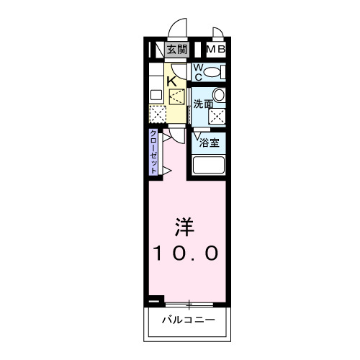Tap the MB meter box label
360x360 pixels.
point(216,50)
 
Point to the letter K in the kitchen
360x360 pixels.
point(172,81)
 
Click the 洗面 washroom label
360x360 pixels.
point(203,104)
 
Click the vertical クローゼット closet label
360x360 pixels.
point(154,152)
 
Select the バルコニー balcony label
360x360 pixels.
point(188,318)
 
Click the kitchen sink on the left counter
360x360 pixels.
point(156,94)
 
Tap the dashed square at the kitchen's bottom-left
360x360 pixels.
point(157,114)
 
